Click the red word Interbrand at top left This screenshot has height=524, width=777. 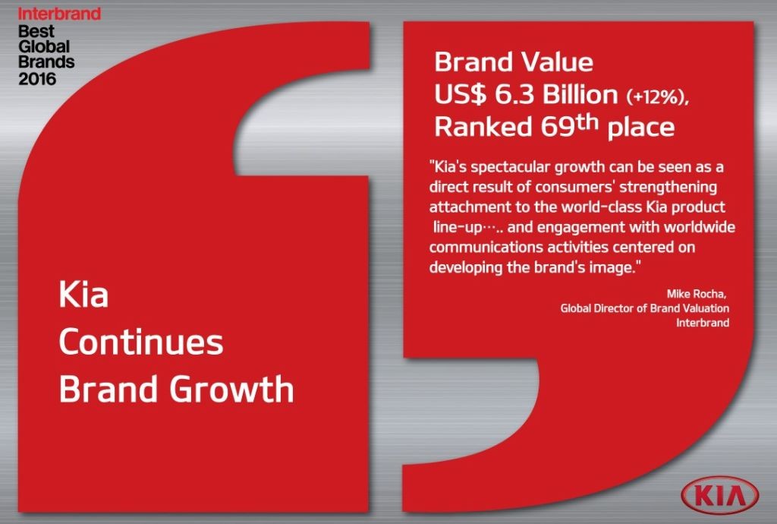point(59,14)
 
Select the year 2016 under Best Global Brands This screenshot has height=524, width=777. point(37,79)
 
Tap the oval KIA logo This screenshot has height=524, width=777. point(719,494)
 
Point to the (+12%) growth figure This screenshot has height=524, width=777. point(658,96)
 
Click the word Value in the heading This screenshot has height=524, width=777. point(556,62)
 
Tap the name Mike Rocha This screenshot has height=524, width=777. point(697,294)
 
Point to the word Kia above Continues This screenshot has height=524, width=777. point(83,294)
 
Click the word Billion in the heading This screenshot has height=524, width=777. point(580,94)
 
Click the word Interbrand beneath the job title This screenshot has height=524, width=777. point(703,323)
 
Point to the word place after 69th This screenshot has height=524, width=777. point(640,128)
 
